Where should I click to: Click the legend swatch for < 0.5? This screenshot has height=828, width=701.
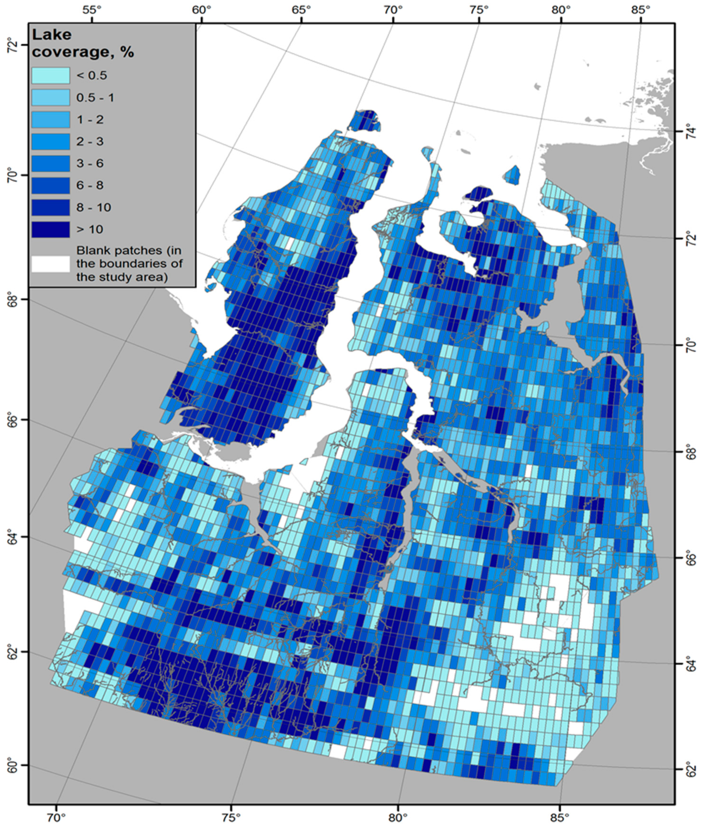50,75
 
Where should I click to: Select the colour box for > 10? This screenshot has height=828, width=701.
50,230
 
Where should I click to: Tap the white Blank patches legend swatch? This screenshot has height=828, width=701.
50,264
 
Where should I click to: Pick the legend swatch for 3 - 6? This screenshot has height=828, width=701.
50,163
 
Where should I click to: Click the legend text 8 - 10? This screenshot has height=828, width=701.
94,207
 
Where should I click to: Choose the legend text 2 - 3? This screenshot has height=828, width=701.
90,141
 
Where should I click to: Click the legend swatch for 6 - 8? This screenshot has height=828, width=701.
50,185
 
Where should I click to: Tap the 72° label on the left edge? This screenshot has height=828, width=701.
13,47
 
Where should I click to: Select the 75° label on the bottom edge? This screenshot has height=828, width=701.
231,819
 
